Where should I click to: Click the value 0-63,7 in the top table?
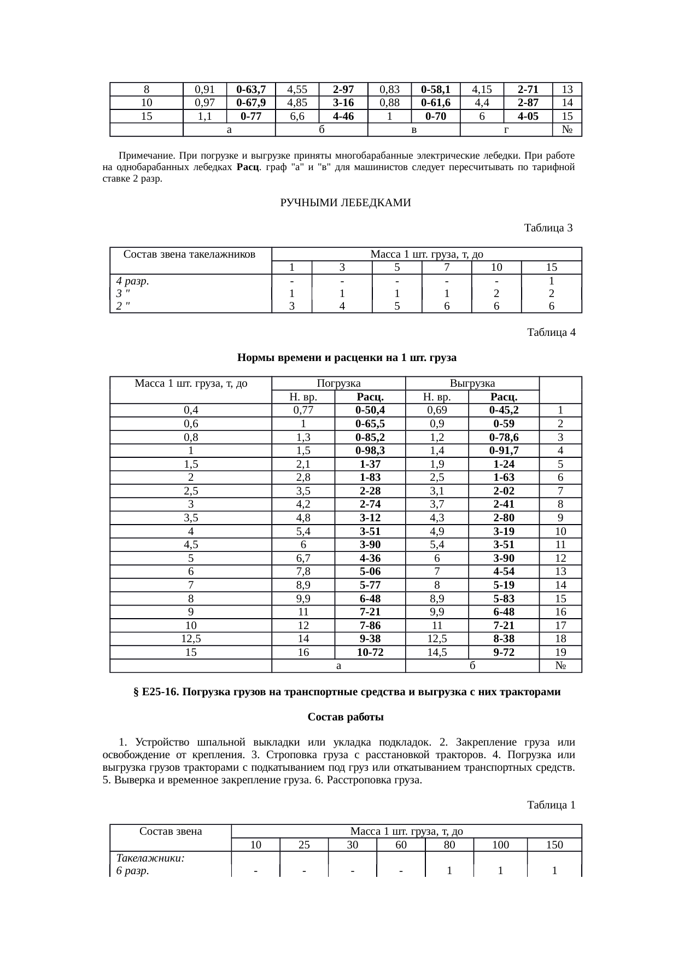coord(251,89)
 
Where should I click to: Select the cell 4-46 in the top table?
coord(343,116)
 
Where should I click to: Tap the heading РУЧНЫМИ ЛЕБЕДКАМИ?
coord(345,203)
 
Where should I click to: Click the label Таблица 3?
coord(548,228)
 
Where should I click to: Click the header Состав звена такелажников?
coord(190,254)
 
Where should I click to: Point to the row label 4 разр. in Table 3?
coord(133,281)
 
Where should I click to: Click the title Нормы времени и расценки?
coord(347,358)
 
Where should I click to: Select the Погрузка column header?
coord(338,383)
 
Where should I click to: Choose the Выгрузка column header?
coord(472,383)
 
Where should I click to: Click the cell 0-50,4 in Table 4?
coord(370,410)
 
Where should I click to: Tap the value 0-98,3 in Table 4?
coord(370,451)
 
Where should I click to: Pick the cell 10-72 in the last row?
coord(370,652)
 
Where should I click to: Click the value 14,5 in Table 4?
coord(436,652)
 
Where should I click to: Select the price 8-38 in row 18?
coord(504,639)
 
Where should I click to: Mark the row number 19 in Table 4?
coord(560,652)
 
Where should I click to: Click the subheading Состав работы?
coord(346,717)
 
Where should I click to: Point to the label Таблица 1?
coord(551,805)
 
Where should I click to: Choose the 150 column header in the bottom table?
coord(554,845)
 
